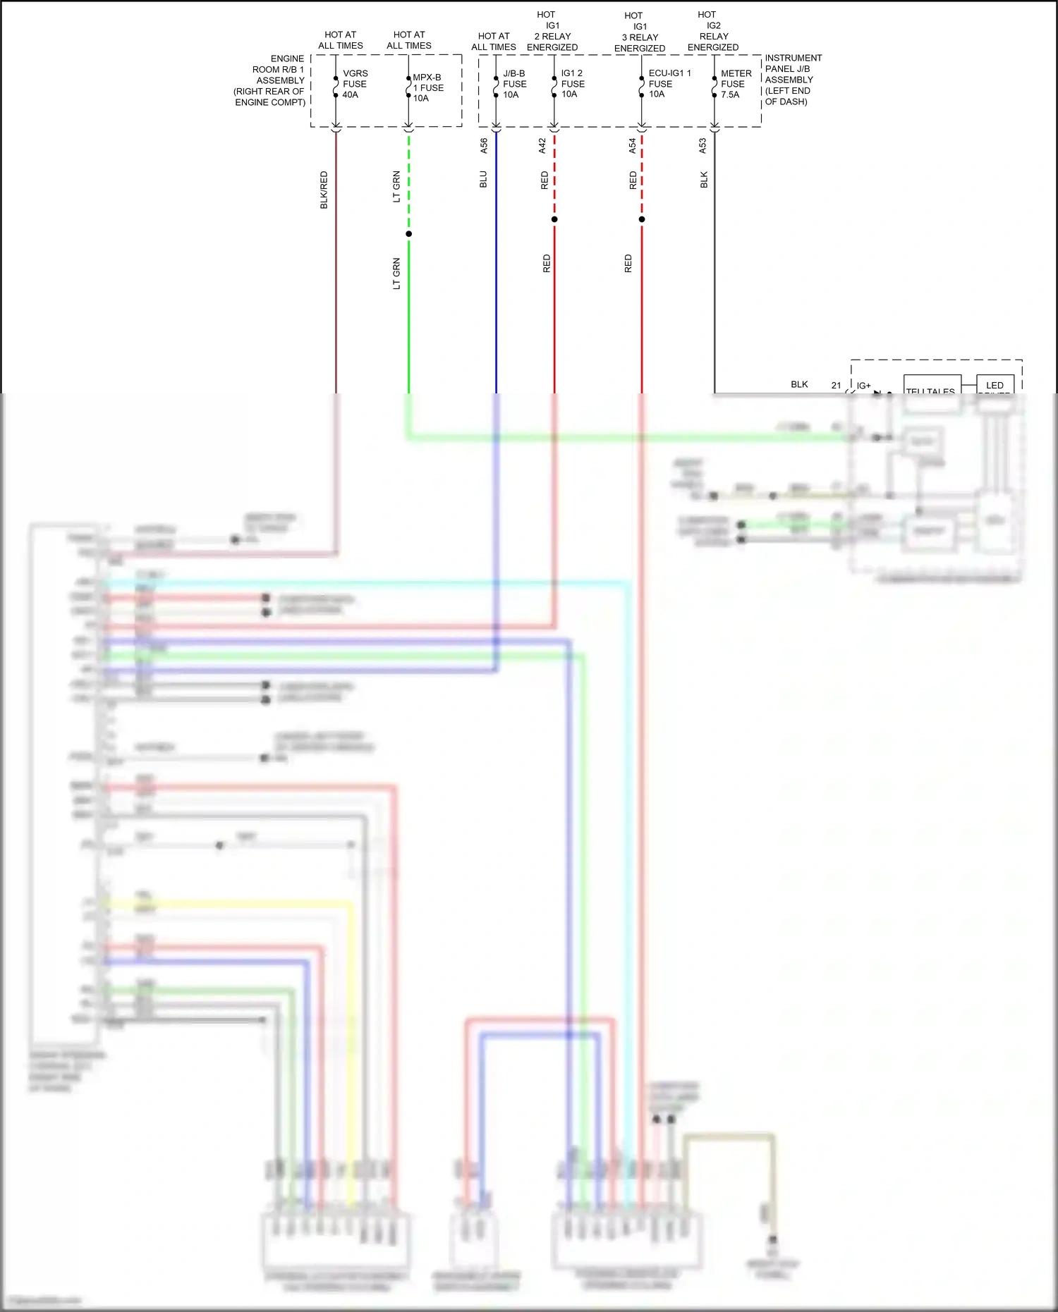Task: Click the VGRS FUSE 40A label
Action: [x=355, y=84]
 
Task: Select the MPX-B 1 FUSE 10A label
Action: [x=428, y=87]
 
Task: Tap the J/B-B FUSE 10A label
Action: [x=514, y=84]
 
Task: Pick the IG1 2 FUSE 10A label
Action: [x=572, y=83]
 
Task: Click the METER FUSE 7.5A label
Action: [x=736, y=84]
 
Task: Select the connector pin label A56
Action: [x=484, y=145]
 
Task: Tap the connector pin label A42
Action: [x=542, y=145]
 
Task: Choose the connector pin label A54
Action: [x=633, y=145]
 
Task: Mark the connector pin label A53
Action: [x=703, y=145]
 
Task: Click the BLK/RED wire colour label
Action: [x=324, y=190]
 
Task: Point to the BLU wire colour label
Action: [x=484, y=179]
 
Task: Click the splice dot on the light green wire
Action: [x=409, y=234]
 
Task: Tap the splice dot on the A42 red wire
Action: [x=554, y=219]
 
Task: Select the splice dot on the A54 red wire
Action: [x=642, y=219]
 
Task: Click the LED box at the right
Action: [x=995, y=385]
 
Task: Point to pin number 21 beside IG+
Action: [x=836, y=386]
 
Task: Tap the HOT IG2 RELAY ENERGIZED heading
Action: [x=712, y=31]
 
